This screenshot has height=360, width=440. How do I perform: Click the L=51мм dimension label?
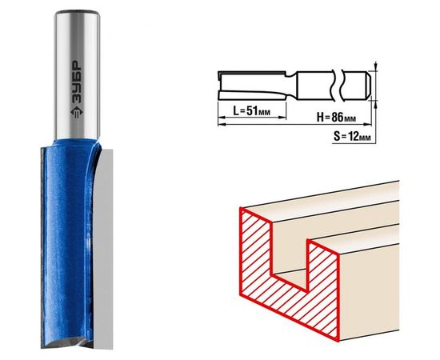252,111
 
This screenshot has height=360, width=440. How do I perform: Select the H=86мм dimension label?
337,117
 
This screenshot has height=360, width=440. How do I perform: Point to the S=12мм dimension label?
352,137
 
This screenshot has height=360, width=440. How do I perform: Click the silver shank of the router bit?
77,75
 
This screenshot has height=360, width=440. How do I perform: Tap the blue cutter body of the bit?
67,242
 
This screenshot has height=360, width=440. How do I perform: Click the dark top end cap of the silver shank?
78,13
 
